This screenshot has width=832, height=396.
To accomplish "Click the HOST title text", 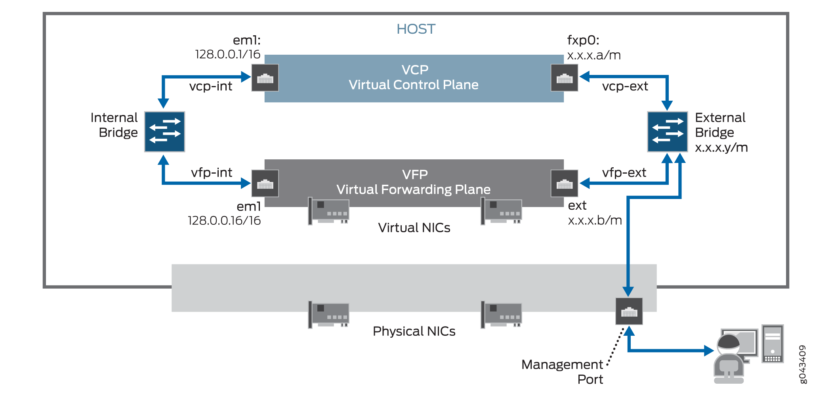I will click(x=416, y=29).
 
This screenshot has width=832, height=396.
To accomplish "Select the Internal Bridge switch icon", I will click(x=164, y=132).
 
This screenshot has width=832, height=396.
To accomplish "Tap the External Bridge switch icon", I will click(x=667, y=132).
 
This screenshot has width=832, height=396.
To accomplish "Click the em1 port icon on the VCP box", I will click(x=265, y=78).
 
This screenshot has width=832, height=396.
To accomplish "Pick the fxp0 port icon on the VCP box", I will click(x=564, y=78).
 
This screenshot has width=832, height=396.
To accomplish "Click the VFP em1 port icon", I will click(x=265, y=183).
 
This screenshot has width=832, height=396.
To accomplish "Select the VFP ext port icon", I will click(x=564, y=183).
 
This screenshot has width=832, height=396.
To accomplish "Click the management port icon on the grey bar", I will click(x=629, y=311).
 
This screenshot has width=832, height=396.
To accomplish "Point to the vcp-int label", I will click(x=210, y=86).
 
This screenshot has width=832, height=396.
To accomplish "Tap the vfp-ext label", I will click(x=624, y=172).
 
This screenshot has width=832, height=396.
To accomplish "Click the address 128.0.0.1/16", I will click(x=227, y=54).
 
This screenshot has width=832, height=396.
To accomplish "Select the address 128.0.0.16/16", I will click(x=224, y=220).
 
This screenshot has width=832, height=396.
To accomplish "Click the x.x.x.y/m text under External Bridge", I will click(x=721, y=147).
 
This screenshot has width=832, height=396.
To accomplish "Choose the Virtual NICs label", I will click(x=414, y=228).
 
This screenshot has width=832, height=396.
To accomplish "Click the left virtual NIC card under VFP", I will click(x=329, y=211).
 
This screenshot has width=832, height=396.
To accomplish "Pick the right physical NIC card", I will click(x=502, y=314).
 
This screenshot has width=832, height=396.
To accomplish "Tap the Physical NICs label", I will click(x=414, y=331).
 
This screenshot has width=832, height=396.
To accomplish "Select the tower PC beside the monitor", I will click(x=772, y=343).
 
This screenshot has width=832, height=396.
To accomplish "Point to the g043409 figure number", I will click(x=802, y=364).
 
